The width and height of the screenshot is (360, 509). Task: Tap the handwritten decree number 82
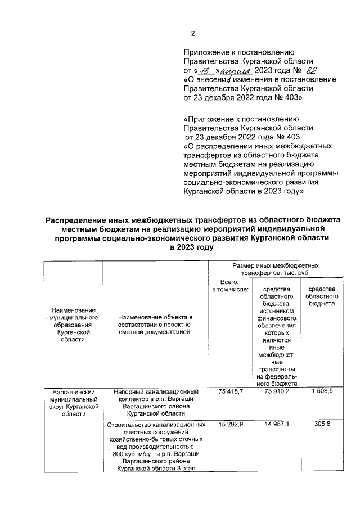[x=311, y=70]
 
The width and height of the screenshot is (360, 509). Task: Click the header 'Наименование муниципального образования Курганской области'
[x=72, y=325]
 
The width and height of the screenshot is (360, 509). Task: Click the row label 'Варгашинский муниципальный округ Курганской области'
[x=72, y=402]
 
